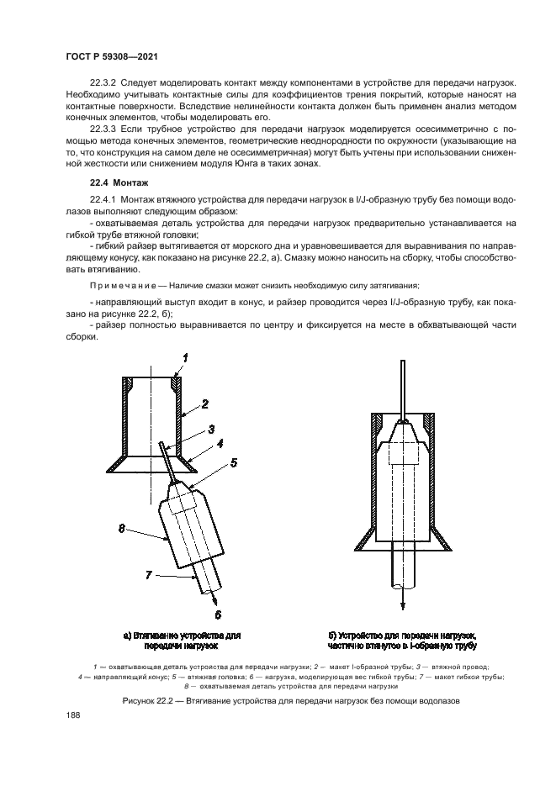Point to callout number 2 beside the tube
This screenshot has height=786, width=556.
click(204, 404)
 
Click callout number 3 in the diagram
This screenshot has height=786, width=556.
click(211, 428)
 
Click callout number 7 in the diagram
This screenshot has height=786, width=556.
click(148, 576)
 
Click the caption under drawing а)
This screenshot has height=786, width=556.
click(183, 641)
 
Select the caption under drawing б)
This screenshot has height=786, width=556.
click(403, 641)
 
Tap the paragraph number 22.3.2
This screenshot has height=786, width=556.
click(105, 82)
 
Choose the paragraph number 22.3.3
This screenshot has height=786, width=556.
click(105, 130)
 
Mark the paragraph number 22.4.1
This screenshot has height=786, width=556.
click(105, 198)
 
